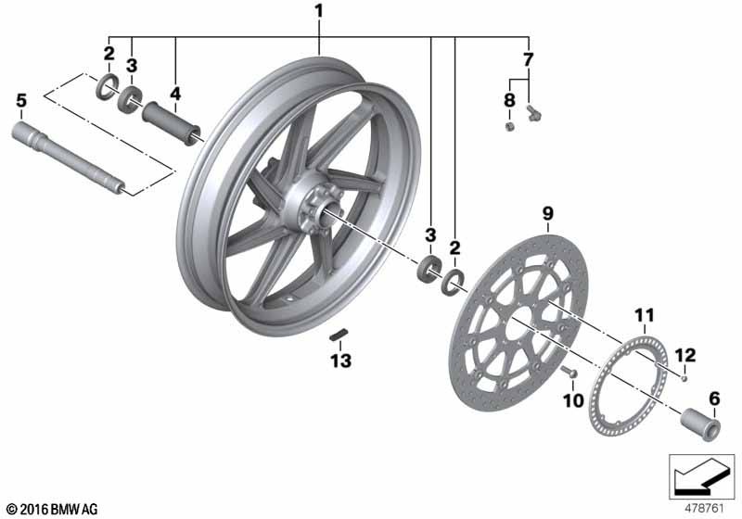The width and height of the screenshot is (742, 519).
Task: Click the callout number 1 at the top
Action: pyautogui.click(x=319, y=11)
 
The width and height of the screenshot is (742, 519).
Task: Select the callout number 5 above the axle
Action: pyautogui.click(x=21, y=101)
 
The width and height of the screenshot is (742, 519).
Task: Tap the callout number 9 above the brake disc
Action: pyautogui.click(x=547, y=214)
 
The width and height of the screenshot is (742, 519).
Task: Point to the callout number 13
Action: pyautogui.click(x=340, y=361)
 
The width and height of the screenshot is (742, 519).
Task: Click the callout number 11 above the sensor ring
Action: pyautogui.click(x=645, y=315)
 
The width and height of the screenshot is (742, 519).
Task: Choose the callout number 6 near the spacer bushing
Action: pyautogui.click(x=714, y=399)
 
